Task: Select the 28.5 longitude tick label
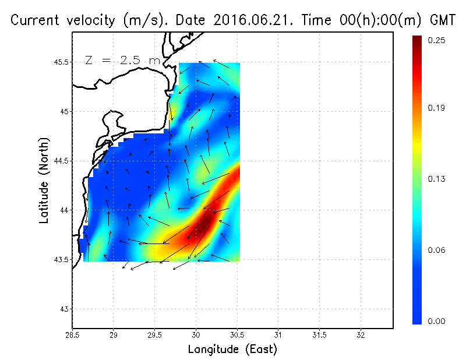click(73, 335)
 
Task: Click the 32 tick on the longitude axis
click(361, 335)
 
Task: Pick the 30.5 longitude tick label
click(237, 335)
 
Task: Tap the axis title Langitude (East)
click(232, 350)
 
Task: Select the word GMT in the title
click(443, 20)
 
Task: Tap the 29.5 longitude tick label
click(155, 335)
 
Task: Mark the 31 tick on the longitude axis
click(278, 335)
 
